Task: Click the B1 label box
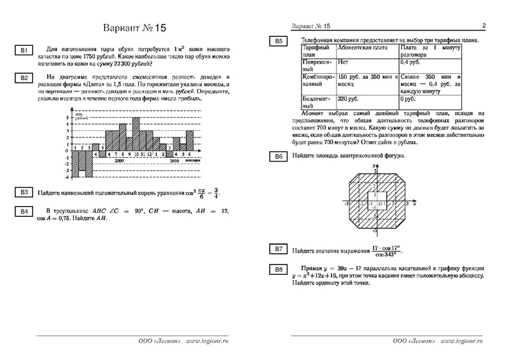pos(22,50)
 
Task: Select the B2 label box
pos(22,78)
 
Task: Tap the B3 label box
pos(22,193)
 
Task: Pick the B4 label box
pos(22,211)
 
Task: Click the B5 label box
pos(278,41)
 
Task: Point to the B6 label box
pos(278,156)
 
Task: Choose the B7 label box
pos(278,248)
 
